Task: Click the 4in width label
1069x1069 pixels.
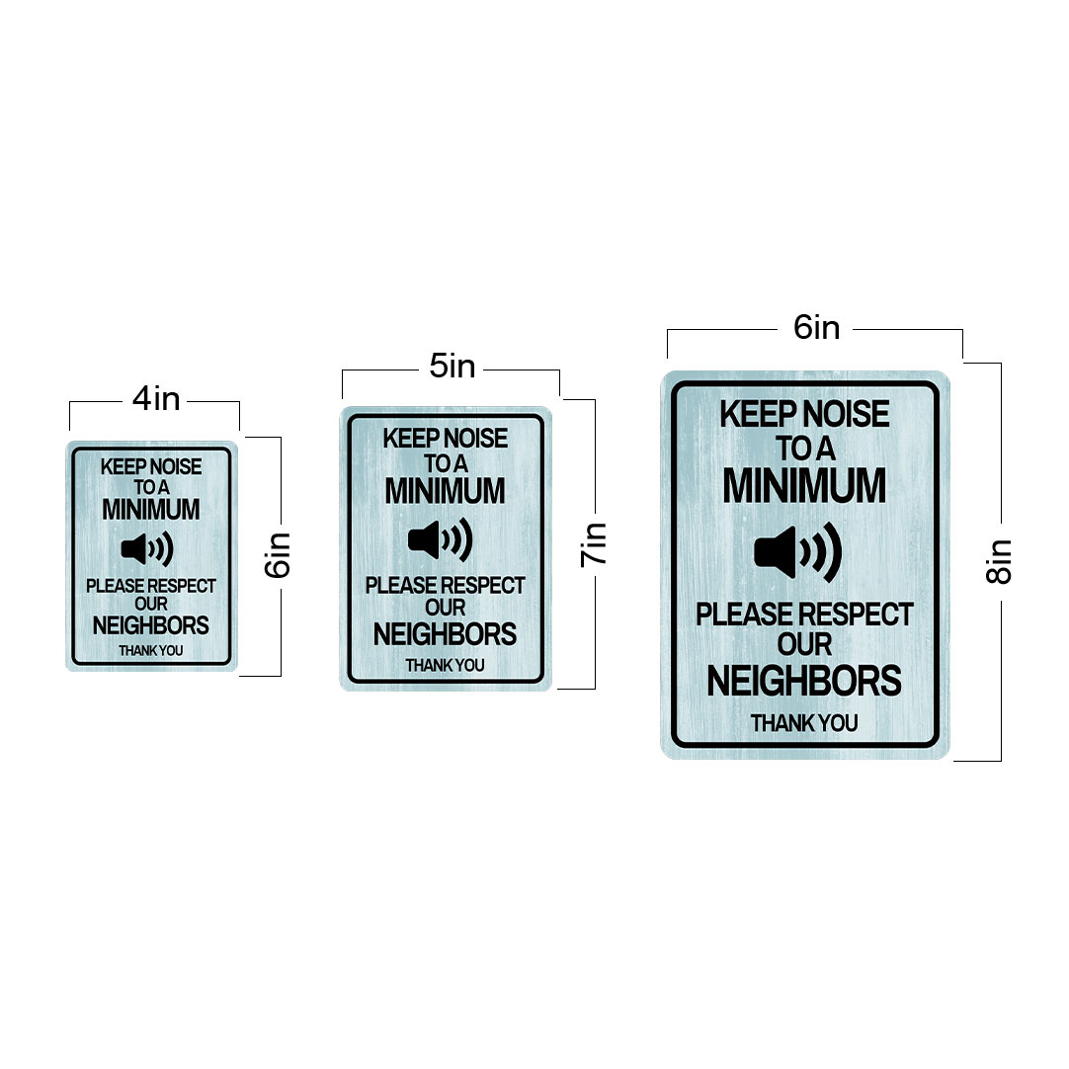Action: point(156,399)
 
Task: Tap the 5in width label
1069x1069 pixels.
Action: point(452,367)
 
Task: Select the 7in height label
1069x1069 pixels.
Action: point(593,544)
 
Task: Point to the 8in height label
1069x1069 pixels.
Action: point(999,561)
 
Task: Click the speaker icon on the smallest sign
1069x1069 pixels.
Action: point(147,548)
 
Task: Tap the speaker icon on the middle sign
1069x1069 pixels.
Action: point(441,540)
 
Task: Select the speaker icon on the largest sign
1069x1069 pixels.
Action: point(798,551)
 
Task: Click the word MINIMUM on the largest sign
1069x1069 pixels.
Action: point(804,485)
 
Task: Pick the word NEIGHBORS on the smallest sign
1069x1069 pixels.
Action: point(151,625)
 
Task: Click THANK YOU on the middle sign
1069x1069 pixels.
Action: point(446,665)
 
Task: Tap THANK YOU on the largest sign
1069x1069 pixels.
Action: point(804,723)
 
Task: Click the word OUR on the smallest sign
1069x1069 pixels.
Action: point(151,604)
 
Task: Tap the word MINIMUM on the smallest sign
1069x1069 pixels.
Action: point(151,509)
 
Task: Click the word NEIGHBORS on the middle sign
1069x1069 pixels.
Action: point(446,634)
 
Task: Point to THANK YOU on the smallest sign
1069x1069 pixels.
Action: point(151,651)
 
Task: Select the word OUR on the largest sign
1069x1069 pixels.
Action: point(804,645)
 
